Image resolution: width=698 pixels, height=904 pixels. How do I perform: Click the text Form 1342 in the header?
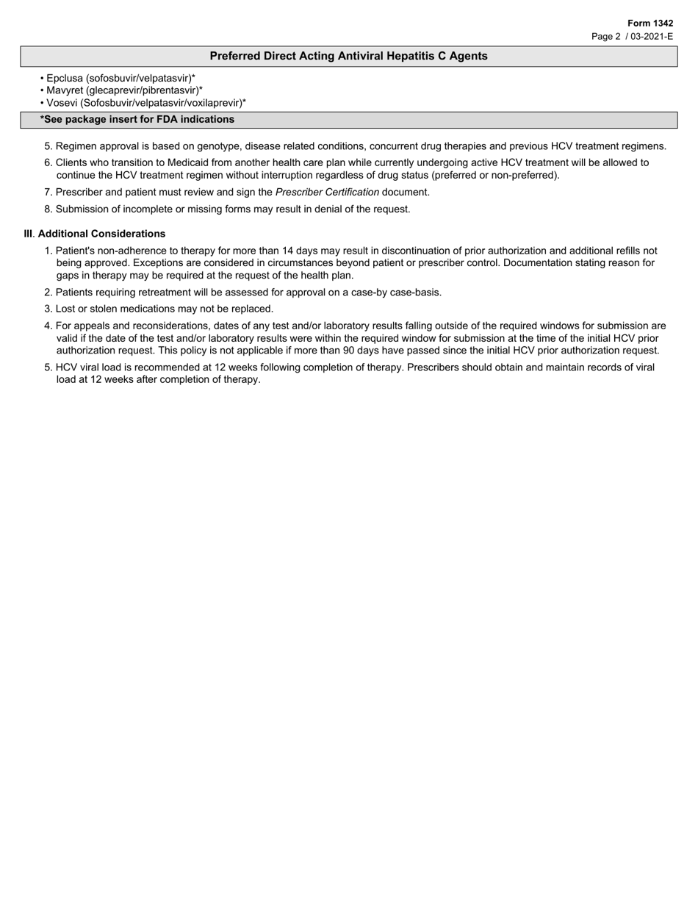650,24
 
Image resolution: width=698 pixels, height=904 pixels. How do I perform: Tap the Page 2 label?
606,36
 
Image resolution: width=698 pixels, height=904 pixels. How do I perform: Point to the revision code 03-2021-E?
652,36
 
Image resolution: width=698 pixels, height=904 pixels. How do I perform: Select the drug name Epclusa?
65,78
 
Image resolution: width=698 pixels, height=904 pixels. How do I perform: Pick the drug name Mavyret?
65,90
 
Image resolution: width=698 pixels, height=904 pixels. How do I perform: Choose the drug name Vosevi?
62,103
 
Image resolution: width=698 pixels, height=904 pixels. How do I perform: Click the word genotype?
220,146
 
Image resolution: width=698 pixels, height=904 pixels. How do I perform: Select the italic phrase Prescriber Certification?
327,192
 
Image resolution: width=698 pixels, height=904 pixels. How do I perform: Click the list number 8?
47,209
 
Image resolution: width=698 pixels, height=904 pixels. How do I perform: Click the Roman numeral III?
29,234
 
